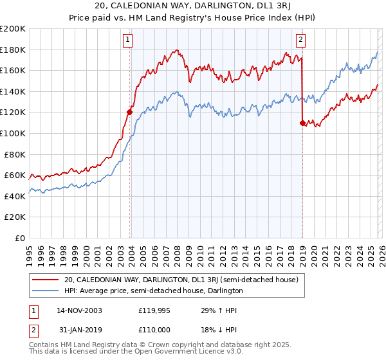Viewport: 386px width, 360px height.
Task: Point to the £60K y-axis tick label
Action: coord(14,175)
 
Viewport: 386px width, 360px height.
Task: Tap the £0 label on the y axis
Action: coord(21,238)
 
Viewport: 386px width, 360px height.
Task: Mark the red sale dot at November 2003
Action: coord(130,112)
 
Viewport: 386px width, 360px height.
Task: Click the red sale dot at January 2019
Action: coord(302,123)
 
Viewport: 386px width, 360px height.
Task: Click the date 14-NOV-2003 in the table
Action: coord(79,310)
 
